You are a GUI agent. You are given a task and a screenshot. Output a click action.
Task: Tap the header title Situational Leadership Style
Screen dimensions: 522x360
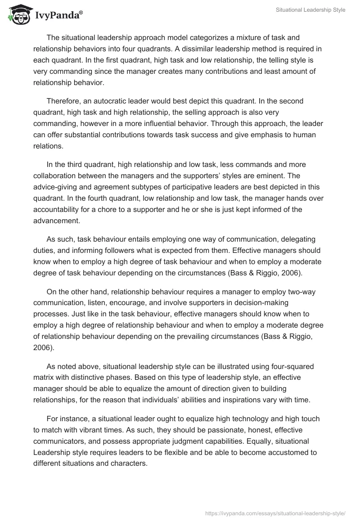[x=310, y=10]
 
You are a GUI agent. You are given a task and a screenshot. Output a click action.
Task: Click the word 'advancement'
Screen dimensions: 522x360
[x=56, y=221]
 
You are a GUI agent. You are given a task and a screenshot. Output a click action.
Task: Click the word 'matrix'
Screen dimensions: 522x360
[x=45, y=366]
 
